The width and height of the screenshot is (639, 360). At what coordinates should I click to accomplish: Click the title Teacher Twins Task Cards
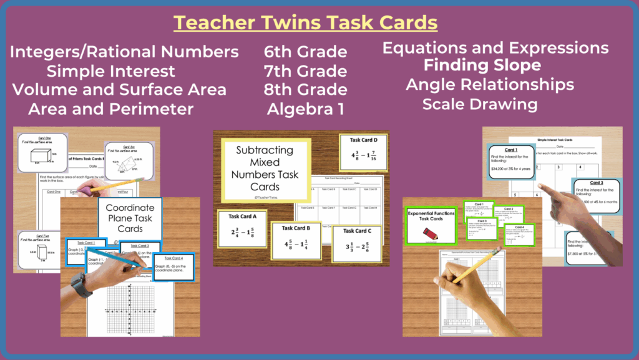point(305,23)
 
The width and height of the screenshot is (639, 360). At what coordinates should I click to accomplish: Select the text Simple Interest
point(110,71)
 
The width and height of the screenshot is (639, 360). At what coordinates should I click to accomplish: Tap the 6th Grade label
point(305,51)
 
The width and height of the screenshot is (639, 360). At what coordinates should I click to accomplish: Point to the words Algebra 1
point(305,109)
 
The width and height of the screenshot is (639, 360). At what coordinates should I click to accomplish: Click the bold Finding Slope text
point(482,65)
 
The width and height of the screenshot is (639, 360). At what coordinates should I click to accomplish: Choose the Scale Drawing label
point(479,104)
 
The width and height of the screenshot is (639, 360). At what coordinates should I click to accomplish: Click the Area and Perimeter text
point(110,109)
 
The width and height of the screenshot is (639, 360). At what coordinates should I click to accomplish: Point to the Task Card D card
point(363,151)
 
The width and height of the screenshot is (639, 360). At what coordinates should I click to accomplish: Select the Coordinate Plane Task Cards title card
point(130,218)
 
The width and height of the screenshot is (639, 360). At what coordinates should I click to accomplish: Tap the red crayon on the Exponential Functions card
point(430,233)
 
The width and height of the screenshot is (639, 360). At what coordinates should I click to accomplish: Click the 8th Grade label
point(305,89)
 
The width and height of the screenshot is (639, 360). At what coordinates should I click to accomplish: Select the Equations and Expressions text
point(495,47)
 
